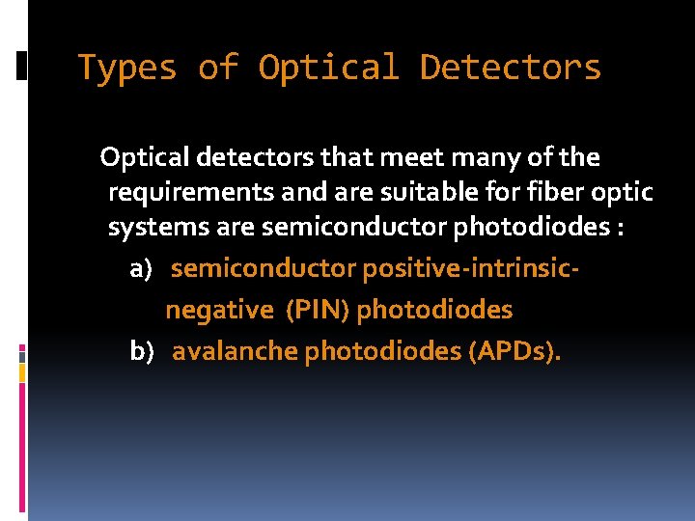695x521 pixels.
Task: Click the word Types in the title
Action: tap(127, 69)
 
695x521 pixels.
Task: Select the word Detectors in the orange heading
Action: tap(510, 69)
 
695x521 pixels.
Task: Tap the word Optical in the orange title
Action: tap(328, 69)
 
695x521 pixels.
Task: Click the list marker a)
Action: tap(141, 268)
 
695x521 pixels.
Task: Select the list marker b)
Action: tap(142, 351)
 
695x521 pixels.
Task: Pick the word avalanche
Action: tap(235, 351)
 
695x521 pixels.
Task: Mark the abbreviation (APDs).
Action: tap(514, 351)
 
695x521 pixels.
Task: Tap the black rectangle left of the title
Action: tap(21, 65)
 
